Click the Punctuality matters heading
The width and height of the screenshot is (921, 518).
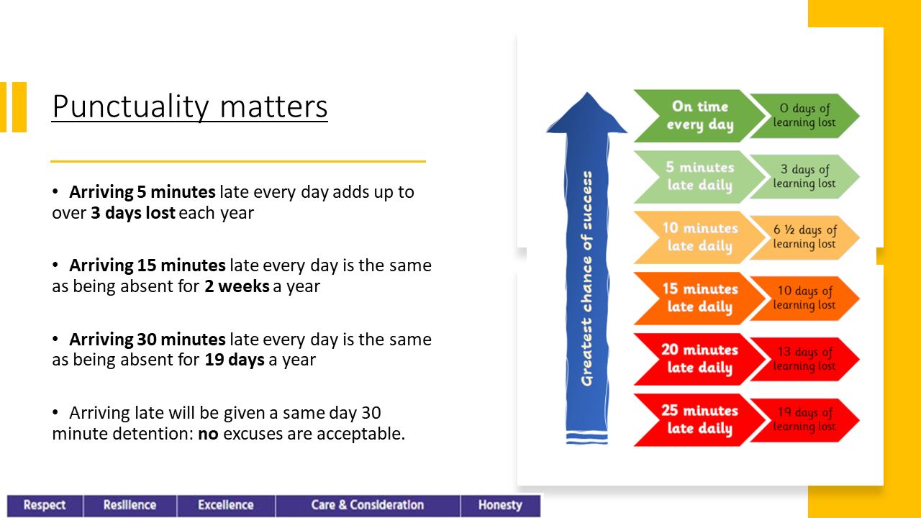coord(189,107)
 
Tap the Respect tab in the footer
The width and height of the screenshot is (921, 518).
coord(45,505)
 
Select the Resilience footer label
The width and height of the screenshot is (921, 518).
coord(130,505)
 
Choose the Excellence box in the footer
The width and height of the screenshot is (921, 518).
coord(226,505)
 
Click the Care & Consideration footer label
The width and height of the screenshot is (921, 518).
coord(368,505)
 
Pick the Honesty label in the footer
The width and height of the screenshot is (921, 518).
coord(500,505)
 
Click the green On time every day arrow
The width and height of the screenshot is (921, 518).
coord(699,116)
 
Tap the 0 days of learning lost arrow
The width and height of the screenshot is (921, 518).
coord(804,116)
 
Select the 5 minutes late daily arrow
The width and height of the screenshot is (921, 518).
coord(699,177)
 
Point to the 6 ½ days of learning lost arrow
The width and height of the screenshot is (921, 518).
coord(804,237)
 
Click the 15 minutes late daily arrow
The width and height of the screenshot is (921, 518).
coord(699,299)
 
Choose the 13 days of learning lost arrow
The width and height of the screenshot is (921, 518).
coord(804,359)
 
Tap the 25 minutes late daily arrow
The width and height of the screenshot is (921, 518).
coord(699,420)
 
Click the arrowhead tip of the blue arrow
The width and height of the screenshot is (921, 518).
coord(586,93)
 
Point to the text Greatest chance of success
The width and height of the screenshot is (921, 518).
coord(586,278)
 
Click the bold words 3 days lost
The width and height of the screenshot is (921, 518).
coord(133,213)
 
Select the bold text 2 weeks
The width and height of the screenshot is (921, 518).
coord(237,286)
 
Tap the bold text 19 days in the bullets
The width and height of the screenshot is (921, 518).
coord(235,360)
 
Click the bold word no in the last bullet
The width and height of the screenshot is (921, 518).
coord(208,435)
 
